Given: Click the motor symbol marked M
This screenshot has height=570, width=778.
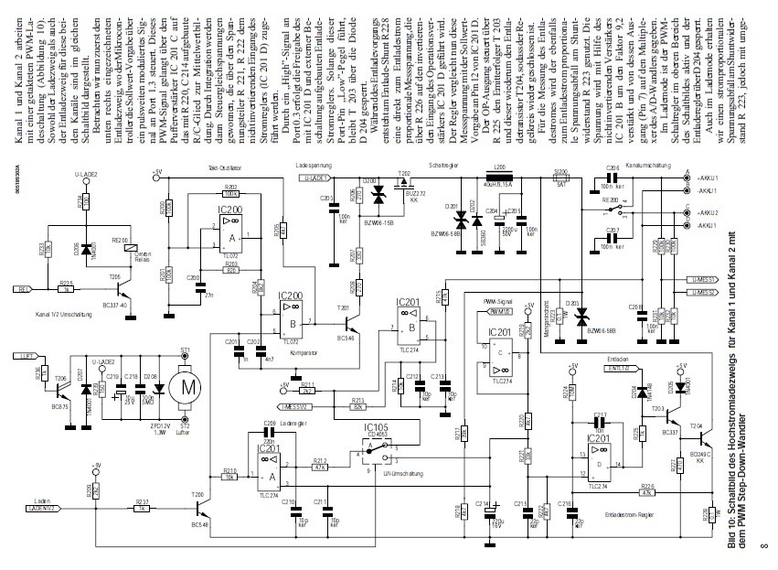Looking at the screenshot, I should click(x=188, y=387).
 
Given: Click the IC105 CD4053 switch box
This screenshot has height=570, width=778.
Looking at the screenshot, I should click(x=375, y=447).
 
